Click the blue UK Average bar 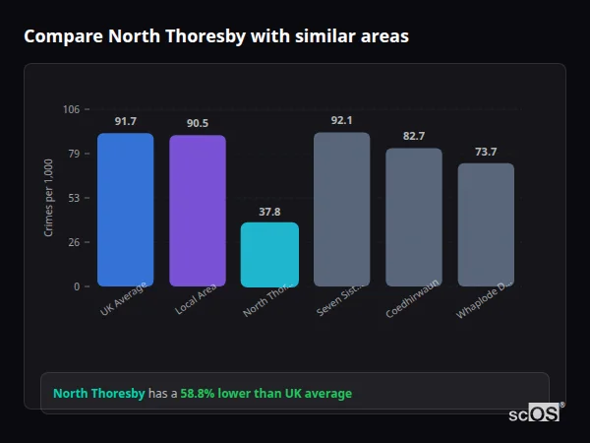tap(125, 210)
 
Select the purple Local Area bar tap(197, 211)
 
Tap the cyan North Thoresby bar tap(269, 254)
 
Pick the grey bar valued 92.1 tap(341, 209)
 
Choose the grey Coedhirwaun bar tap(413, 217)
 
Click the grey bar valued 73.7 tap(486, 224)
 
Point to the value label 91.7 tap(125, 121)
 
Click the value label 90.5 tap(197, 123)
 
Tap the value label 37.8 tap(269, 212)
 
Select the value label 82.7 tap(413, 136)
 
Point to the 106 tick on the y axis tap(72, 109)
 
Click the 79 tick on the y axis tap(74, 154)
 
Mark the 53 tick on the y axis tap(74, 198)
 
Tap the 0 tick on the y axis tap(77, 286)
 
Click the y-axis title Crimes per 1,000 tap(48, 197)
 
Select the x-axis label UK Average tap(124, 299)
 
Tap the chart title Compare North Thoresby tap(216, 36)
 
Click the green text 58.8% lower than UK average tap(265, 394)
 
